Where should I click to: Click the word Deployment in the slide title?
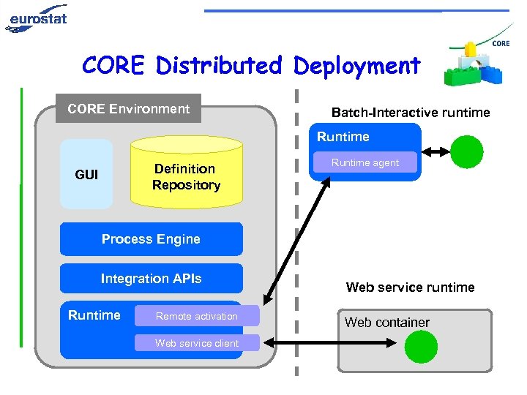356,66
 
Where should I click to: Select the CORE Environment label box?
129,109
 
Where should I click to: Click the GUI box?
86,175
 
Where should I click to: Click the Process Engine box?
151,239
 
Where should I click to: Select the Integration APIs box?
151,279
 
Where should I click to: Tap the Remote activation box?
197,316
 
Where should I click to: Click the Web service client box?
197,343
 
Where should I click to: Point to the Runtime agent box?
365,163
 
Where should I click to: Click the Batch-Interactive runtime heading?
411,113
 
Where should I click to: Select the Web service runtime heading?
410,287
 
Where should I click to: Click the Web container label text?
387,323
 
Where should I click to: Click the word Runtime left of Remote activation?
94,315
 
